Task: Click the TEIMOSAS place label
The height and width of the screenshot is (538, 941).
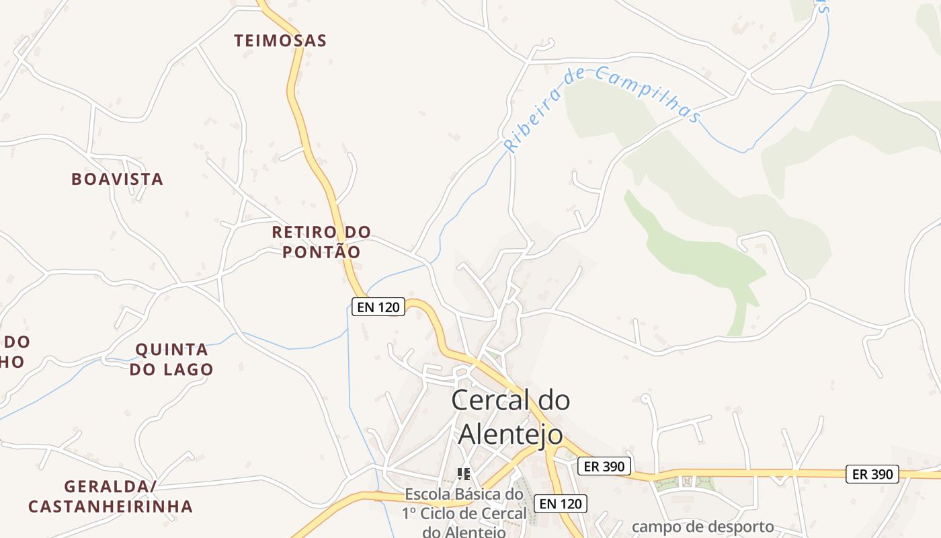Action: (280, 41)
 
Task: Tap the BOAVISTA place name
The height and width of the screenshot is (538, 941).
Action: (118, 180)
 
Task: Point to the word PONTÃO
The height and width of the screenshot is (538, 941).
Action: (321, 253)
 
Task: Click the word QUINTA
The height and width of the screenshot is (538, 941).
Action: (172, 350)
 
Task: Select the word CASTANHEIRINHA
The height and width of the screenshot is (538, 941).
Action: (110, 506)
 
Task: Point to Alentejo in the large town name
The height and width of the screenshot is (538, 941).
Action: (510, 434)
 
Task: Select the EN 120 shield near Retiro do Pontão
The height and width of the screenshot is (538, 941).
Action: (378, 307)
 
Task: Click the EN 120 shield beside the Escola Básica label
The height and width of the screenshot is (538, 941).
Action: (561, 503)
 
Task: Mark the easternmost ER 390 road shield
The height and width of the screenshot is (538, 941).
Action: (872, 474)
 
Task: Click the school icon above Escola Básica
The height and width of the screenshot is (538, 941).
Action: (464, 474)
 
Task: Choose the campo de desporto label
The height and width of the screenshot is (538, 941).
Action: (703, 527)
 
